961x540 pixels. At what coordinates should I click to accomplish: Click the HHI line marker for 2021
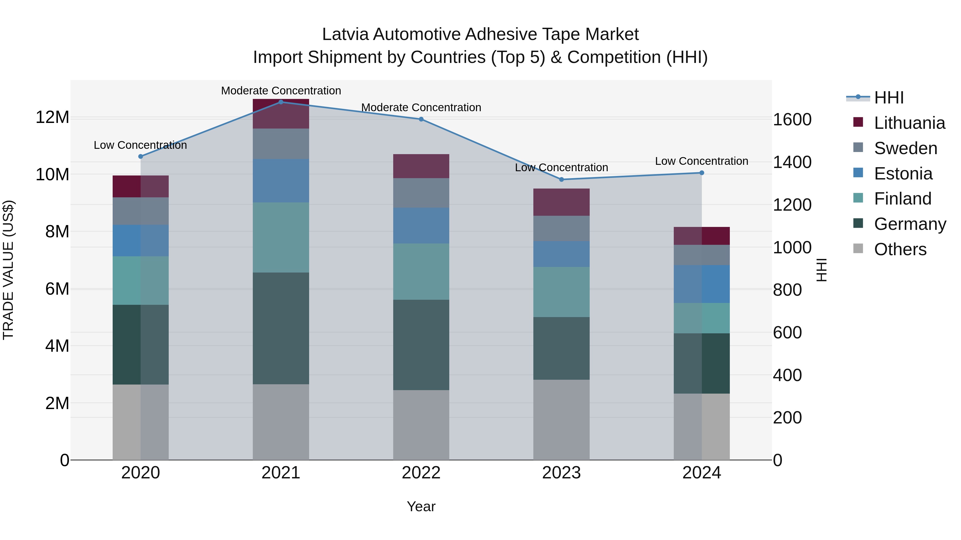pos(281,102)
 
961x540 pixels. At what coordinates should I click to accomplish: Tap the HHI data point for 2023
pos(561,179)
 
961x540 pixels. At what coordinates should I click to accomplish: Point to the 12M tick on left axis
pos(52,117)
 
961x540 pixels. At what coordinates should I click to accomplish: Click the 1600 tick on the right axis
pos(792,120)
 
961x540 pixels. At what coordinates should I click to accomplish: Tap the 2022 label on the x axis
pos(421,473)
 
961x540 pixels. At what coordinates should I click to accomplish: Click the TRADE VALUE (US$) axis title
pos(8,270)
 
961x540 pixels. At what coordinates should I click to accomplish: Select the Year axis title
pos(421,506)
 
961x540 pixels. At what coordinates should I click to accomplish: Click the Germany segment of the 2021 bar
pos(281,328)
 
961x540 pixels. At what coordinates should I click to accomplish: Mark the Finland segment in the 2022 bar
pos(421,271)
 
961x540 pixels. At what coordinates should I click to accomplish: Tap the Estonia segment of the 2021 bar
pos(281,181)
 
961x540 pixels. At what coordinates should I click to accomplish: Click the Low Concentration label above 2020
pos(140,145)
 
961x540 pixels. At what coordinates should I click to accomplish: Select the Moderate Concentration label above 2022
pos(421,107)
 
